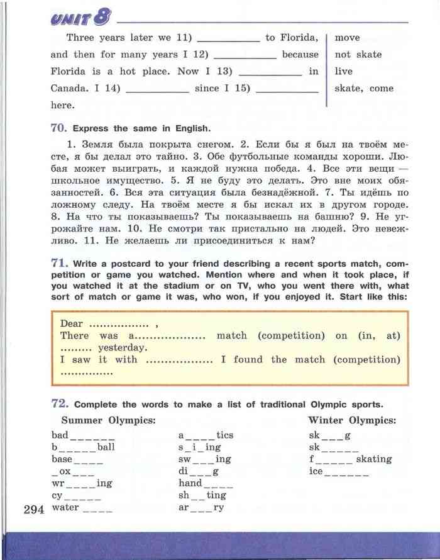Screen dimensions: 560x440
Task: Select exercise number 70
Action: tap(58, 128)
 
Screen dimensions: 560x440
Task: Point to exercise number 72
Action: tap(58, 404)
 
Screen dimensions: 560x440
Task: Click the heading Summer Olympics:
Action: tap(109, 420)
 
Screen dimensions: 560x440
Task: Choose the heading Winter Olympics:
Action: tap(352, 420)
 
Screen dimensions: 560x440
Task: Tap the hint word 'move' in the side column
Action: tap(347, 38)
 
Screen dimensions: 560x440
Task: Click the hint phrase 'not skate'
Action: tap(358, 54)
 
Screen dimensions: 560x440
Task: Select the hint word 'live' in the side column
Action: tap(344, 71)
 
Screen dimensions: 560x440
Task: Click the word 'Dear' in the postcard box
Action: tap(72, 323)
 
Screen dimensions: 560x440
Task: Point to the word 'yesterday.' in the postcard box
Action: tap(123, 347)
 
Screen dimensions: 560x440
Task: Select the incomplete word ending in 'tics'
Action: tap(206, 435)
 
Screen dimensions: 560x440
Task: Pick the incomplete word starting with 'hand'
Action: tap(206, 483)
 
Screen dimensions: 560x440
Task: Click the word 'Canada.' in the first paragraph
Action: tap(67, 88)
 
